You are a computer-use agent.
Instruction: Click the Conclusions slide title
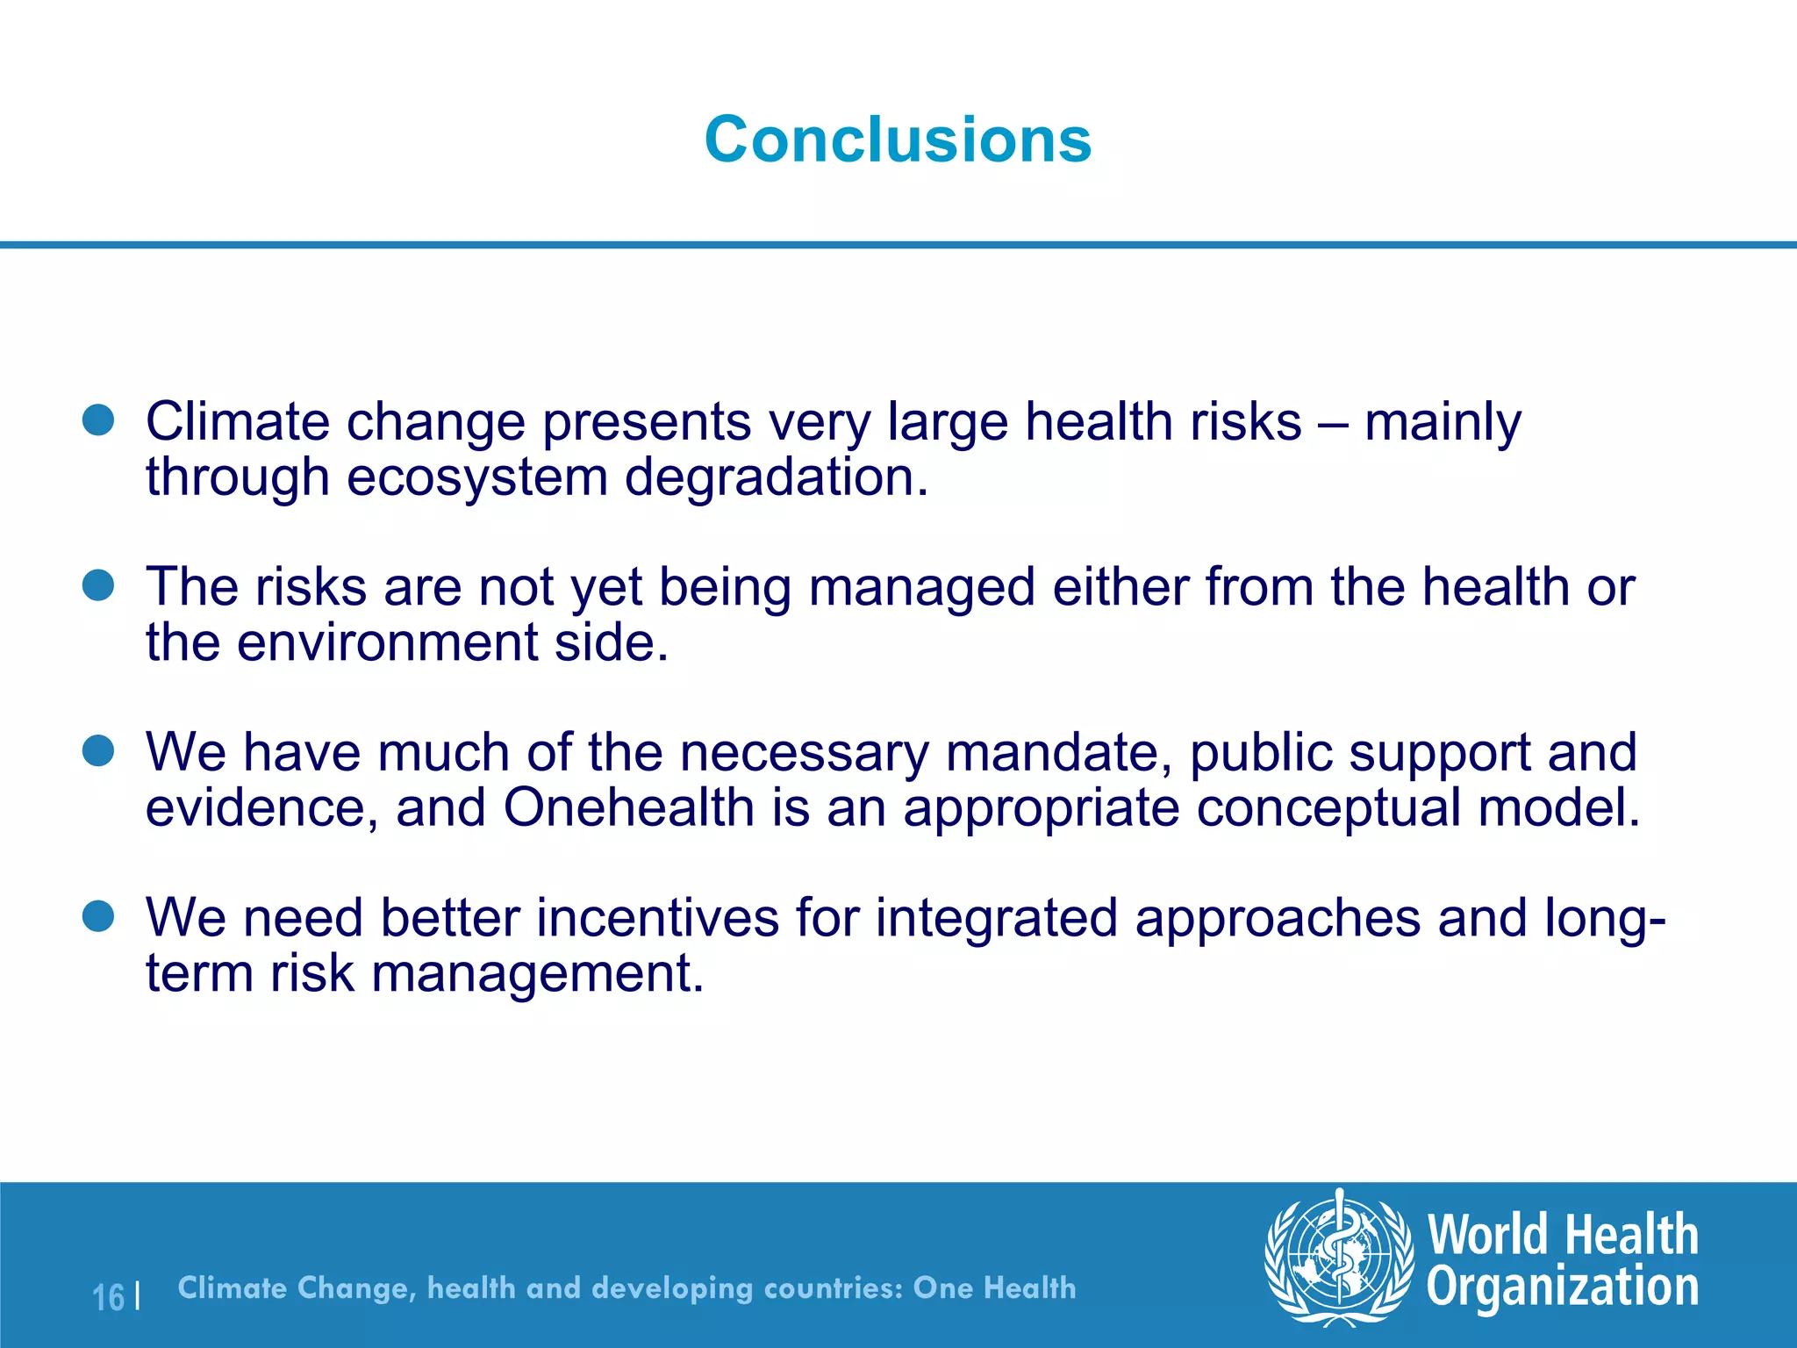pyautogui.click(x=898, y=140)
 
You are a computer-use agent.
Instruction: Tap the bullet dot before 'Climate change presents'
pyautogui.click(x=98, y=420)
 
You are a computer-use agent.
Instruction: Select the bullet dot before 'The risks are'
pyautogui.click(x=98, y=585)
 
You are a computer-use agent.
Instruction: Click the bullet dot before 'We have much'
pyautogui.click(x=98, y=751)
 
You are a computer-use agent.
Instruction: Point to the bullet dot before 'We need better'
pyautogui.click(x=98, y=916)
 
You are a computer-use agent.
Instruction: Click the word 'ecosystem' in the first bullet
pyautogui.click(x=477, y=479)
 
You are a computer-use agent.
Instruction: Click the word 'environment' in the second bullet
pyautogui.click(x=387, y=643)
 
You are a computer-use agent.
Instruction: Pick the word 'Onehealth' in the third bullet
pyautogui.click(x=628, y=808)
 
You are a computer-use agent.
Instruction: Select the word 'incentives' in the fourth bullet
pyautogui.click(x=657, y=919)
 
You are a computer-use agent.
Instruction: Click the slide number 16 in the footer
pyautogui.click(x=109, y=1297)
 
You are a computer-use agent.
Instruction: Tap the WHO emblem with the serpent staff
pyautogui.click(x=1339, y=1258)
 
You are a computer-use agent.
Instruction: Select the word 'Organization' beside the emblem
pyautogui.click(x=1563, y=1287)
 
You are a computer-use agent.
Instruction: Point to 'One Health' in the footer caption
pyautogui.click(x=994, y=1287)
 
